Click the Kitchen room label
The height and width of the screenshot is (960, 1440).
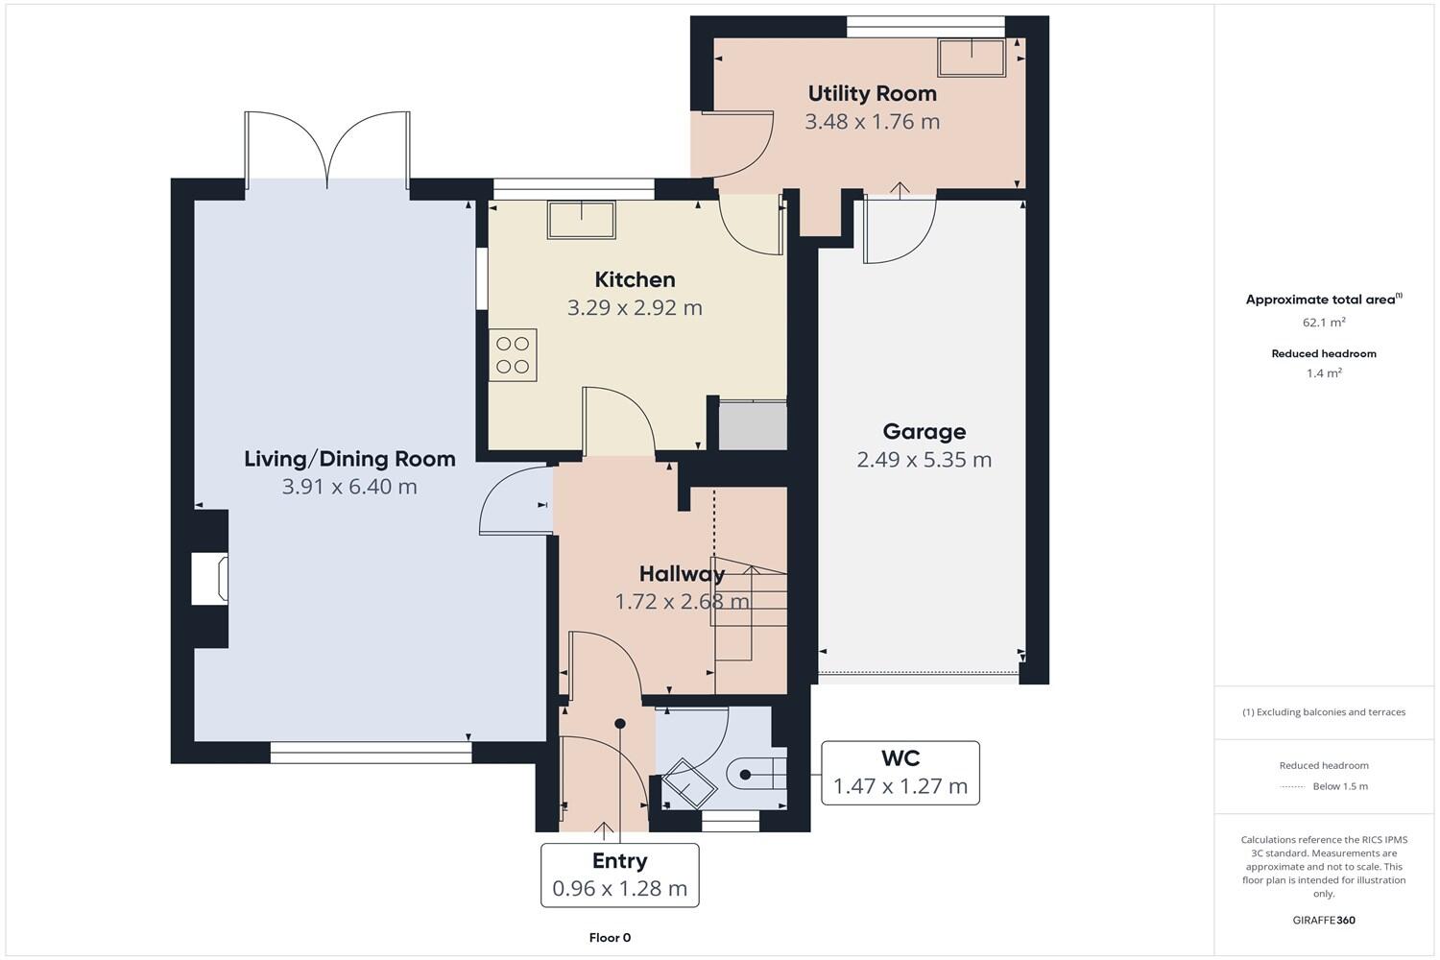coord(635,279)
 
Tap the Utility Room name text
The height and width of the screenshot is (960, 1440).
coord(872,93)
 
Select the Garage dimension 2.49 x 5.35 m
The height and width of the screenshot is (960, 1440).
coord(924,460)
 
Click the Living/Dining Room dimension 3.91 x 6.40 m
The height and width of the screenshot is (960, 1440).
coord(349,487)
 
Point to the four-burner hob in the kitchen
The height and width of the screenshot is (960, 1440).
coord(513,354)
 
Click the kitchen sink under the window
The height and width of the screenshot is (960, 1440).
coord(581,220)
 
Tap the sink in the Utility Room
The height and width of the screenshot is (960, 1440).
coord(972,58)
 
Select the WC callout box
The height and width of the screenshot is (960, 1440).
coord(900,773)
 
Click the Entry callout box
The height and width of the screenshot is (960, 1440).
coord(619,875)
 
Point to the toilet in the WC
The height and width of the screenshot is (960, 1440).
coord(758,773)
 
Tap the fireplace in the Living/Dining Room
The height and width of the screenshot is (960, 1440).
coord(210,579)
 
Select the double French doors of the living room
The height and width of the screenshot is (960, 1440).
coord(327,149)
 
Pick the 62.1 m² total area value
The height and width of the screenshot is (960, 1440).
coord(1324,323)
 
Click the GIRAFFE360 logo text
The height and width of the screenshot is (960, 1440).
coord(1324,920)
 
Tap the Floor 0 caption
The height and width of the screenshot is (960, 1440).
coord(610,938)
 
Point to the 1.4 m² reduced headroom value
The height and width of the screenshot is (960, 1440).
coord(1324,373)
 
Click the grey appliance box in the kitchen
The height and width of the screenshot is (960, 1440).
coord(753,425)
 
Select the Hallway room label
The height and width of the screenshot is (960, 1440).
coord(682,574)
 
